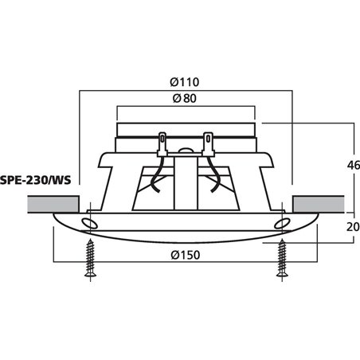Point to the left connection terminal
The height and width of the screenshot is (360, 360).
click(162, 145)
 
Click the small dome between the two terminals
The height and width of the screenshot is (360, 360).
click(186, 149)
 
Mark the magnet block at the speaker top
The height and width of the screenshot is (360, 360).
click(186, 129)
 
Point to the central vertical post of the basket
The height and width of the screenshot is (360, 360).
click(186, 183)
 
